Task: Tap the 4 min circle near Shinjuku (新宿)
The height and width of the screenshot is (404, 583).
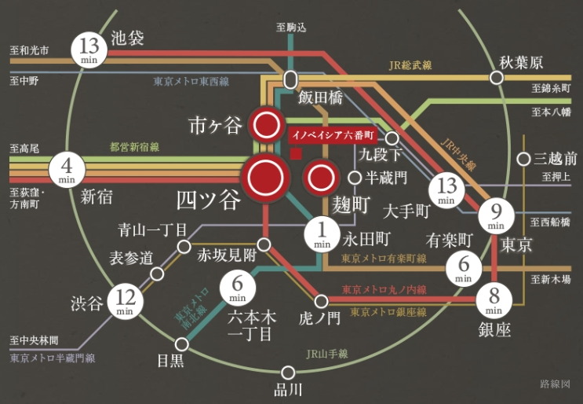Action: click(x=66, y=168)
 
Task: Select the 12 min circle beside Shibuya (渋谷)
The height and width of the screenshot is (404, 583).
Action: click(x=124, y=299)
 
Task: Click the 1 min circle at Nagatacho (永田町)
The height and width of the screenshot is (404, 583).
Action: click(x=321, y=233)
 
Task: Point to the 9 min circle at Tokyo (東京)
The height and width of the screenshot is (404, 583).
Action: click(x=495, y=217)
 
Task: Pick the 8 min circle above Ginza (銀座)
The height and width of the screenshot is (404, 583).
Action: click(x=495, y=299)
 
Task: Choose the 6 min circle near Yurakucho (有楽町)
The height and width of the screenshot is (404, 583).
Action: click(x=463, y=269)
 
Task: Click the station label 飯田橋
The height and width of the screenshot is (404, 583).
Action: click(x=319, y=100)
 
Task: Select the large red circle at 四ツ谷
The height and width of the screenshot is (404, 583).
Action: click(x=265, y=178)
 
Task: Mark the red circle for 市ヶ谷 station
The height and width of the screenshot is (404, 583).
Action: click(x=265, y=124)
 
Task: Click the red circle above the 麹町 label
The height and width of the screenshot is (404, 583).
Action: click(x=320, y=178)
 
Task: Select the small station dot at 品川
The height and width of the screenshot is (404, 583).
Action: click(x=288, y=373)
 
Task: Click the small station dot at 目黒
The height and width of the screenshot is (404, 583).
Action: click(x=183, y=344)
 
